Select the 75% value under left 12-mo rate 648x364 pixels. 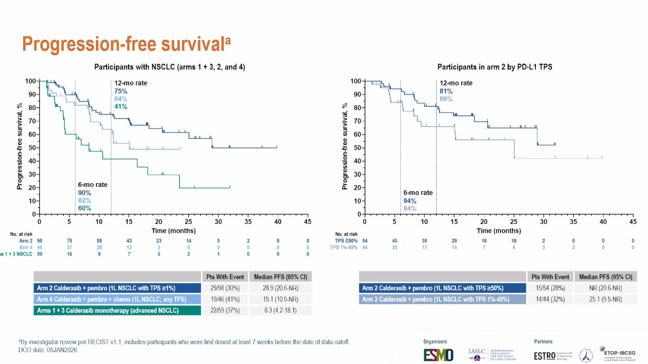[121, 91]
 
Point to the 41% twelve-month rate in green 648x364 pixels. [121, 106]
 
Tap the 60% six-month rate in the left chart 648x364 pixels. [85, 208]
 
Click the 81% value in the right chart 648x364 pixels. [446, 91]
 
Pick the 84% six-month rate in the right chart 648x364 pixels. [410, 208]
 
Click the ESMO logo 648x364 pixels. [438, 355]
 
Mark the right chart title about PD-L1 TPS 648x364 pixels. [494, 67]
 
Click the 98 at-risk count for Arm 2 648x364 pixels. [40, 241]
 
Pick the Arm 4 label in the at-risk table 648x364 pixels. [26, 247]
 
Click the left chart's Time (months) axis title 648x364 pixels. [173, 231]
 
